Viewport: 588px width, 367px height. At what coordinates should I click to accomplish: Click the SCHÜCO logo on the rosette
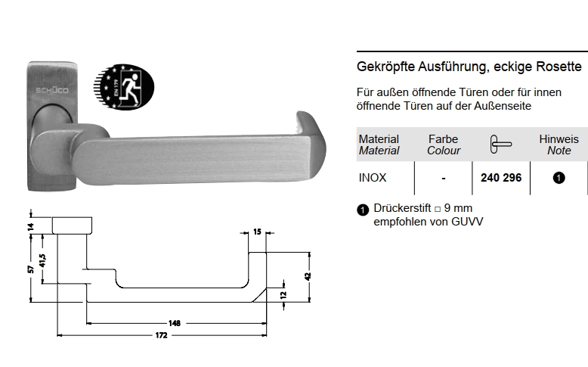[x=52, y=90]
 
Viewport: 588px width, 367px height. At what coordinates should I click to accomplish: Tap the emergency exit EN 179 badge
[x=124, y=87]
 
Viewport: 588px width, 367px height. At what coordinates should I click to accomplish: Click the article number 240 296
[x=501, y=178]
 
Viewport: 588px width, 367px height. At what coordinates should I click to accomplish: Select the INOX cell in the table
[x=373, y=178]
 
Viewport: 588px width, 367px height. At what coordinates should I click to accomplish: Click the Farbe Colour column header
[x=443, y=145]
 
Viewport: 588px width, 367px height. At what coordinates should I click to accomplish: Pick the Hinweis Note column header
[x=559, y=145]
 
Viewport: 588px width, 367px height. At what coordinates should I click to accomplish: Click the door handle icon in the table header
[x=501, y=145]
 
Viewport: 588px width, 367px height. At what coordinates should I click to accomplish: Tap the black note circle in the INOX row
[x=559, y=178]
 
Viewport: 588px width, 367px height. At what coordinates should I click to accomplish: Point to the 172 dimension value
[x=161, y=335]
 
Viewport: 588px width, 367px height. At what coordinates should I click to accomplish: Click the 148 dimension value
[x=175, y=323]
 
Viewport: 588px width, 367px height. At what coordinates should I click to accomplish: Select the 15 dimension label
[x=257, y=232]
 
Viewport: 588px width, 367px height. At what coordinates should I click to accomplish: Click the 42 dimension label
[x=308, y=276]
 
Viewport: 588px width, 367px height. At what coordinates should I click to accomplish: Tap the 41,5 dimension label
[x=42, y=260]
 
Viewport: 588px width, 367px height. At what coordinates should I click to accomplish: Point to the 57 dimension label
[x=31, y=269]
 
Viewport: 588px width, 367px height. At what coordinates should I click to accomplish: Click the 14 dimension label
[x=31, y=226]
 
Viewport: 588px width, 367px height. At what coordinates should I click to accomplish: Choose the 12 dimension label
[x=283, y=295]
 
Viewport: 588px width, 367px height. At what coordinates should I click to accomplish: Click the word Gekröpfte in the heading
[x=385, y=67]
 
